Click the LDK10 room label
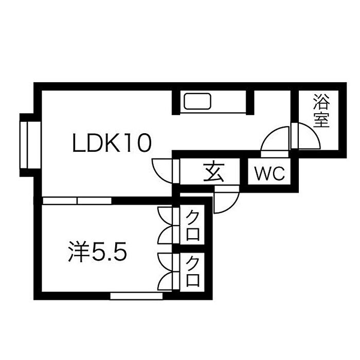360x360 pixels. pos(112,143)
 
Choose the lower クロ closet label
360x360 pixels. pos(193,271)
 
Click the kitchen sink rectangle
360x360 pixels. pos(197,101)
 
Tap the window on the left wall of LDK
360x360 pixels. pos(26,143)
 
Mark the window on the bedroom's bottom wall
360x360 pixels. pos(136,296)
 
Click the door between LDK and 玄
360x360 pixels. pos(164,170)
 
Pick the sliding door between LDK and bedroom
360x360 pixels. pos(77,200)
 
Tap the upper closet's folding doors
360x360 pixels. pos(166,224)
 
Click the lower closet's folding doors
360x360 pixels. pos(166,272)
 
